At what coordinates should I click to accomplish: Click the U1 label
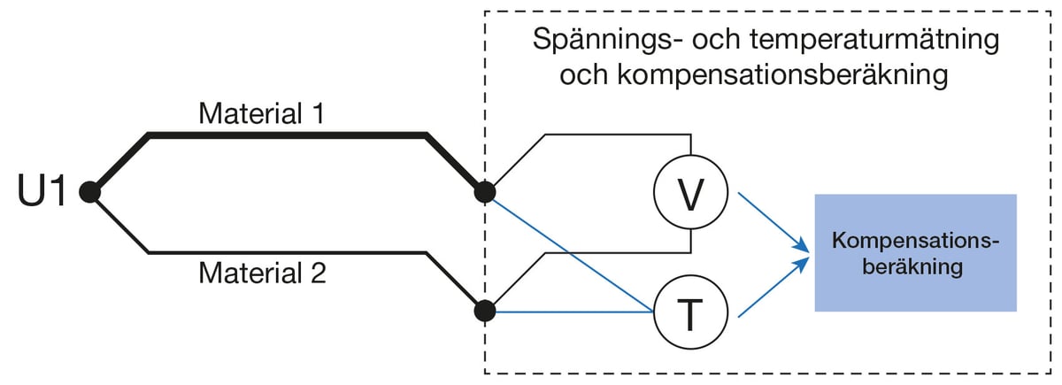[x=42, y=192]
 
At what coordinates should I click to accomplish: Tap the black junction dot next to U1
[x=88, y=191]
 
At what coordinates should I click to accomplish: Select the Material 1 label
[x=262, y=113]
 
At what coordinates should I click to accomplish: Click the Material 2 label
[x=262, y=273]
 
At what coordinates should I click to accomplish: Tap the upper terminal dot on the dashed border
[x=484, y=191]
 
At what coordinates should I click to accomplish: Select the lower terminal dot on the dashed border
[x=484, y=311]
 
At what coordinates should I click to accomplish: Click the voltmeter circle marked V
[x=690, y=191]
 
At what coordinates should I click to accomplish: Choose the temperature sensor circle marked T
[x=690, y=312]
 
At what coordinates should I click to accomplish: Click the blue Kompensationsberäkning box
[x=915, y=252]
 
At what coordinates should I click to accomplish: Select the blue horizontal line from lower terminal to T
[x=575, y=312]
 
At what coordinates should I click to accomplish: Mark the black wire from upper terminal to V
[x=619, y=135]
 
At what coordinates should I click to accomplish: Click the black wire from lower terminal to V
[x=619, y=254]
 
